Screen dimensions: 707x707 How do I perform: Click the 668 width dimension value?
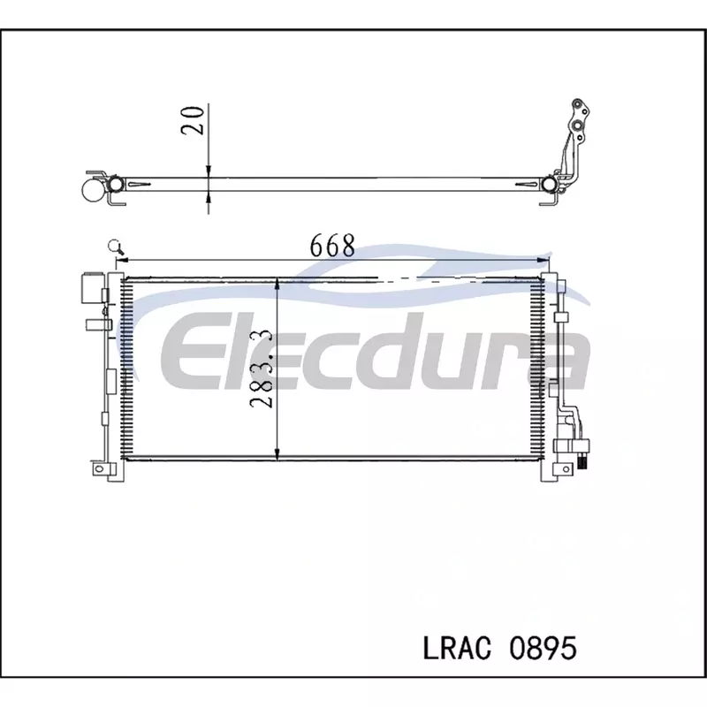pos(332,246)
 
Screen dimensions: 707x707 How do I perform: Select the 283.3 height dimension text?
pos(261,369)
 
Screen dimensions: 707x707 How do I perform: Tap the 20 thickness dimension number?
pos(192,120)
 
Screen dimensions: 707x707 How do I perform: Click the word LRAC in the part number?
pos(457,648)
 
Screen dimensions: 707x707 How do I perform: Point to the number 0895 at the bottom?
pos(543,648)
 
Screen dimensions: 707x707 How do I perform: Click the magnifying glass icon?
pos(116,247)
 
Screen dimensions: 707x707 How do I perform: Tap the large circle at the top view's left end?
pos(95,189)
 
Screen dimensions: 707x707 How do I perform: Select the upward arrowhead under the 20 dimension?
pos(209,196)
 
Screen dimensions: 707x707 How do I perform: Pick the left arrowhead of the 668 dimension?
pos(123,260)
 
